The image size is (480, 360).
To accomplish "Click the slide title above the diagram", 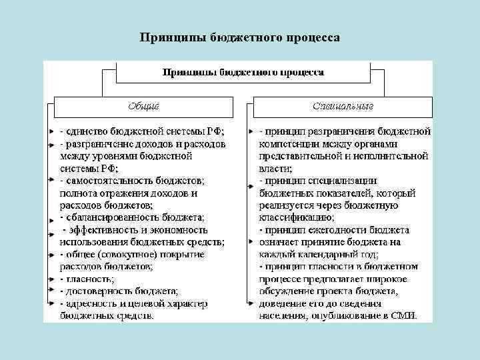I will (240, 37).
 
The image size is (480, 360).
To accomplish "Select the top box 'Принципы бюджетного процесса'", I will (243, 71).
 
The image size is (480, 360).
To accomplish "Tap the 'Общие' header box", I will (143, 106).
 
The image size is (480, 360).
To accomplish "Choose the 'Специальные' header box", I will (343, 106).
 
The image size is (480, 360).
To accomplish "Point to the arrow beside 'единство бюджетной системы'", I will (51, 131).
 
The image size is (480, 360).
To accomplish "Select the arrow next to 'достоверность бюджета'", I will (51, 291).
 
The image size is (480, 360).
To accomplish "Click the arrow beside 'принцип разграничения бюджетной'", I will (250, 131).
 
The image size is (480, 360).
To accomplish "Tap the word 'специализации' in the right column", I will (347, 181).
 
